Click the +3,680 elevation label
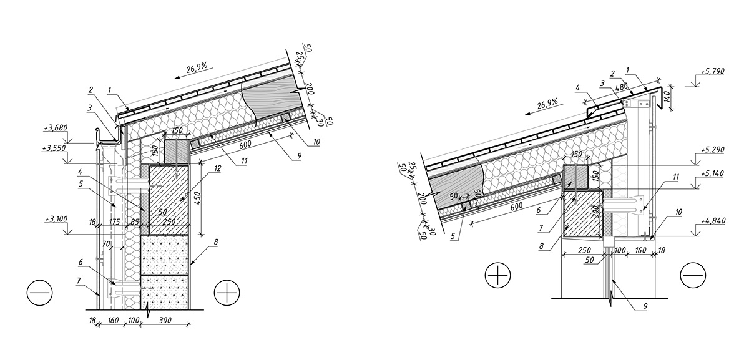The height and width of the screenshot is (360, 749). tap(56, 128)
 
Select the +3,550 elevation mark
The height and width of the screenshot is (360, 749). tap(54, 148)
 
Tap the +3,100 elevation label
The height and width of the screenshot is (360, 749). tap(56, 219)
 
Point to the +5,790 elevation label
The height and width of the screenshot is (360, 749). tap(710, 71)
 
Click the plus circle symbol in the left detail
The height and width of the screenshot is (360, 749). tap(227, 293)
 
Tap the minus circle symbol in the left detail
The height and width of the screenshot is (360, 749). tap(40, 293)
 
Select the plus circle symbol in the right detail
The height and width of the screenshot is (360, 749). tap(498, 276)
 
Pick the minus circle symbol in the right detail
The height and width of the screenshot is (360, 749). tap(693, 276)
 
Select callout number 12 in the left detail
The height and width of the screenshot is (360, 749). tap(217, 168)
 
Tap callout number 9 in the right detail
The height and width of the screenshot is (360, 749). tap(645, 306)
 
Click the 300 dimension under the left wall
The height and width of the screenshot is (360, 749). tap(165, 320)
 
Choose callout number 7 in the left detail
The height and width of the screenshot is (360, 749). tap(79, 281)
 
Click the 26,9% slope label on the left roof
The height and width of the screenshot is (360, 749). tap(197, 67)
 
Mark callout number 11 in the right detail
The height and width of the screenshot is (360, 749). tap(676, 177)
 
